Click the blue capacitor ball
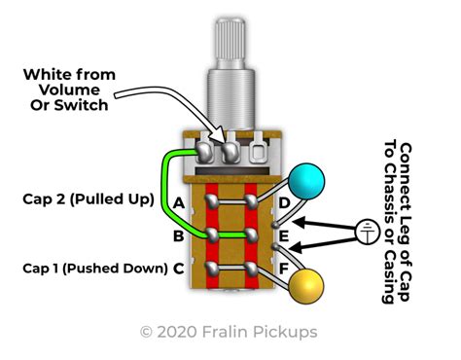pyautogui.click(x=306, y=182)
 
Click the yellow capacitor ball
pyautogui.click(x=306, y=286)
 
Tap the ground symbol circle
pyautogui.click(x=368, y=232)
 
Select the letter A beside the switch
pyautogui.click(x=179, y=203)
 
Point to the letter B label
pyautogui.click(x=178, y=235)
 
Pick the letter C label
pyautogui.click(x=179, y=269)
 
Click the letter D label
pyautogui.click(x=284, y=203)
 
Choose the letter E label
pyautogui.click(x=284, y=235)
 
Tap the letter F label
pyautogui.click(x=284, y=269)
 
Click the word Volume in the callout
pyautogui.click(x=69, y=90)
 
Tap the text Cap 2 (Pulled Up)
pyautogui.click(x=89, y=199)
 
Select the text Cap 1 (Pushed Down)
pyautogui.click(x=95, y=269)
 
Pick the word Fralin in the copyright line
pyautogui.click(x=225, y=332)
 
